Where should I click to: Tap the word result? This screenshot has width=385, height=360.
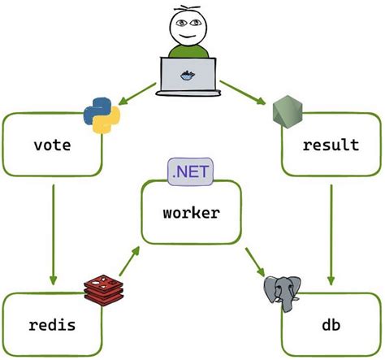[x=331, y=146]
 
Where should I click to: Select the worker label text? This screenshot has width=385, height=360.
[x=191, y=213]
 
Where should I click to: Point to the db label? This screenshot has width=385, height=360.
[x=331, y=326]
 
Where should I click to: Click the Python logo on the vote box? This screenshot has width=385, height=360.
[x=101, y=115]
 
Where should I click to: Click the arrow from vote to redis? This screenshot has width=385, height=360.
[x=53, y=232]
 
